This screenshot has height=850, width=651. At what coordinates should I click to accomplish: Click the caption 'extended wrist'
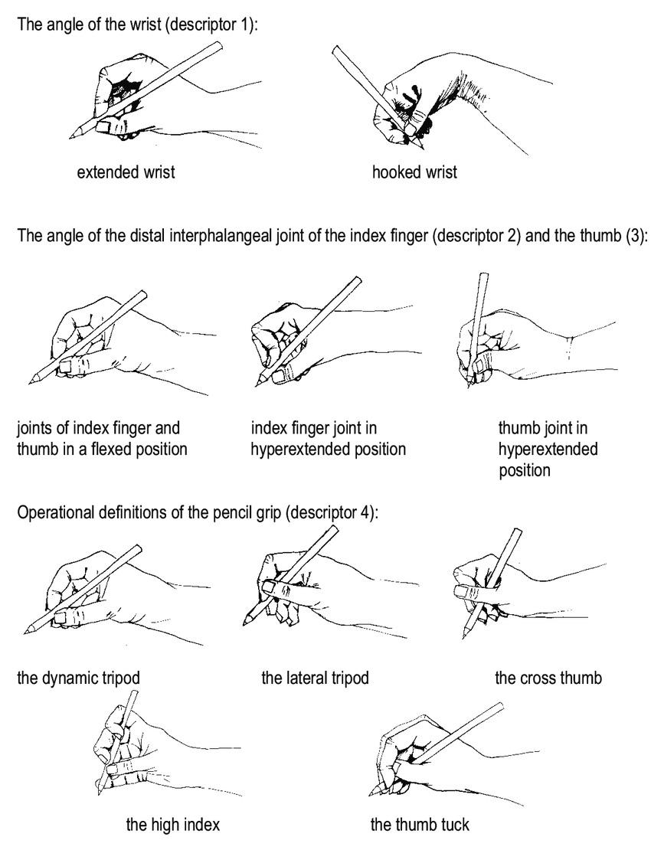pyautogui.click(x=126, y=172)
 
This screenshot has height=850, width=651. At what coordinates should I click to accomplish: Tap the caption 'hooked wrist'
pyautogui.click(x=414, y=172)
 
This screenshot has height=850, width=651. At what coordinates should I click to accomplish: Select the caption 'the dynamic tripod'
pyautogui.click(x=79, y=678)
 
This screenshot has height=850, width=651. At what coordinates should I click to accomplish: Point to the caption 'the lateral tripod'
pyautogui.click(x=315, y=678)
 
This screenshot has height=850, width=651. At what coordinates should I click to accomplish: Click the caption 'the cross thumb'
pyautogui.click(x=548, y=678)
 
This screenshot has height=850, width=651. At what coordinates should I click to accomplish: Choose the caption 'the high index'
pyautogui.click(x=173, y=825)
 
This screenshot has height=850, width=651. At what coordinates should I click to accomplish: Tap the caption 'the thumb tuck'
pyautogui.click(x=420, y=825)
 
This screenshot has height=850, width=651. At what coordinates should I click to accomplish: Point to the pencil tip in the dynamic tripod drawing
pyautogui.click(x=25, y=632)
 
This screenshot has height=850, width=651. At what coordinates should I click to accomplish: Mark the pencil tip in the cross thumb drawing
pyautogui.click(x=464, y=637)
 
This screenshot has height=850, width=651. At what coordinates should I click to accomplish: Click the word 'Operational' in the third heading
pyautogui.click(x=54, y=512)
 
